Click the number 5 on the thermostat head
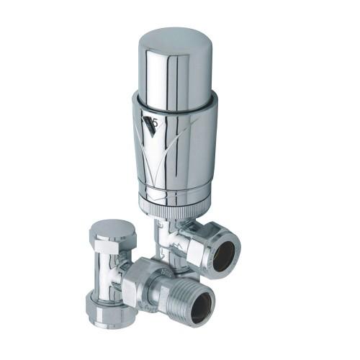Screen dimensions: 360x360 (153, 122)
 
